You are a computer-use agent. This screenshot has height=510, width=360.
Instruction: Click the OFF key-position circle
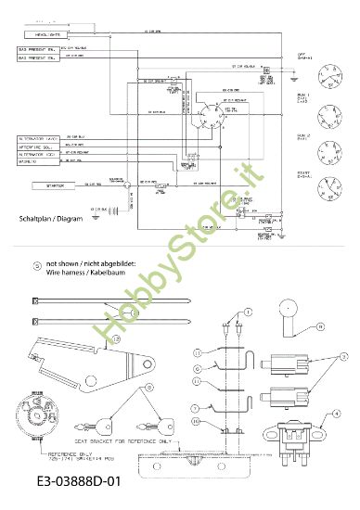click(328, 70)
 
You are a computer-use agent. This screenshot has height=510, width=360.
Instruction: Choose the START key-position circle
click(328, 184)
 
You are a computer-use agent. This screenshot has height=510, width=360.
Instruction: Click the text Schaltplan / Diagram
click(55, 219)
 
